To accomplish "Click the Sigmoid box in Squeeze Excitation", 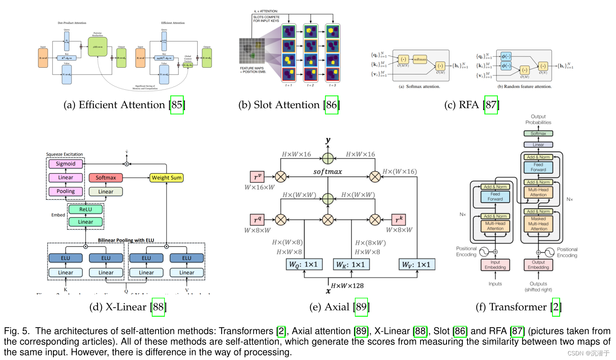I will coord(66,164).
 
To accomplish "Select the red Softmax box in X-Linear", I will coord(106,178).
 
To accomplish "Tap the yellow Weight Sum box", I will coord(167,178).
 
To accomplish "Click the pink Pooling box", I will coord(66,191).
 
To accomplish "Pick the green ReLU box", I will coord(85,209).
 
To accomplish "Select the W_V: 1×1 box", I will coord(416,264).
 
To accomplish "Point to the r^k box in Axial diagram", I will coord(399,219).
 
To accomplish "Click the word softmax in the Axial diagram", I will coord(328,172).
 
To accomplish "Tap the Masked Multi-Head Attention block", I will coord(538,224).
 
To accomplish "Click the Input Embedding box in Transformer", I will coord(495,265).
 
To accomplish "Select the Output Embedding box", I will coord(538,265).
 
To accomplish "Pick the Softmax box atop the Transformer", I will coord(538,133).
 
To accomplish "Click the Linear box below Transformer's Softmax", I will coord(538,144).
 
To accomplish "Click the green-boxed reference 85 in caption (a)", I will coord(177,105).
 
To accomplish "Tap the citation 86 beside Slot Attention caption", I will coord(331,105).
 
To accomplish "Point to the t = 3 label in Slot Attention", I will coord(332,85).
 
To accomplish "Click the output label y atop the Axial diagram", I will coord(328,140).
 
